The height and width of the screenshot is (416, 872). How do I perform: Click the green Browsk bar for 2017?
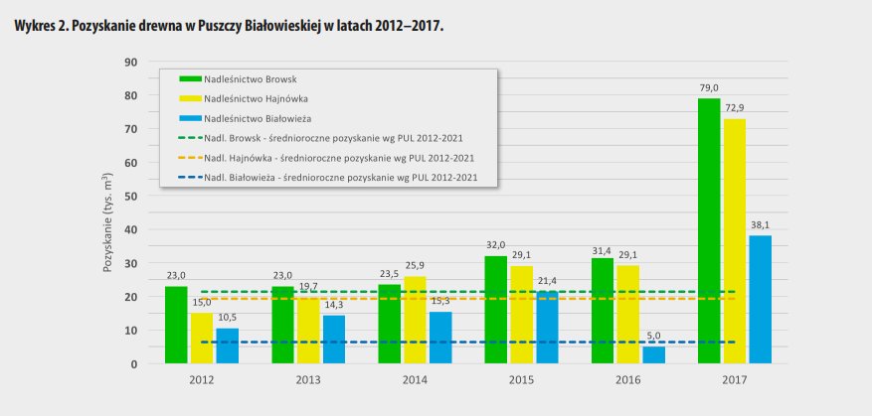point(709,230)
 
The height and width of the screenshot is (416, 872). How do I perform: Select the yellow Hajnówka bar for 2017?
point(734,241)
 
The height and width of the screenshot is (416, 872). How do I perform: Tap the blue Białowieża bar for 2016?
point(653,355)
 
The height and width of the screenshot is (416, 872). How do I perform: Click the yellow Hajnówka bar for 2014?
point(415,320)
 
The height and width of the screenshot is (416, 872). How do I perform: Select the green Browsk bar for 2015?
point(496,310)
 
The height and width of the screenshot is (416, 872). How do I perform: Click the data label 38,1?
point(760,225)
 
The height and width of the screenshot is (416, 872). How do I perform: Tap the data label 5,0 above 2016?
point(653,337)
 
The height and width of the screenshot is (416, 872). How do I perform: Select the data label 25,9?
point(416,266)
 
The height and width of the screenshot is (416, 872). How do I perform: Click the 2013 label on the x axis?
point(308,379)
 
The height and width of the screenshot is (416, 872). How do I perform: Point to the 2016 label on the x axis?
point(628,379)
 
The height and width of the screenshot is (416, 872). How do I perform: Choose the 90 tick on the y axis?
point(130,62)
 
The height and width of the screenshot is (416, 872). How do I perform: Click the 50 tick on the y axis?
point(130,197)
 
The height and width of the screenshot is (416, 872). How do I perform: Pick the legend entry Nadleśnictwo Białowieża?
point(259,118)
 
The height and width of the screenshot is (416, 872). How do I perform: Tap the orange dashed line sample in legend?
point(189,159)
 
